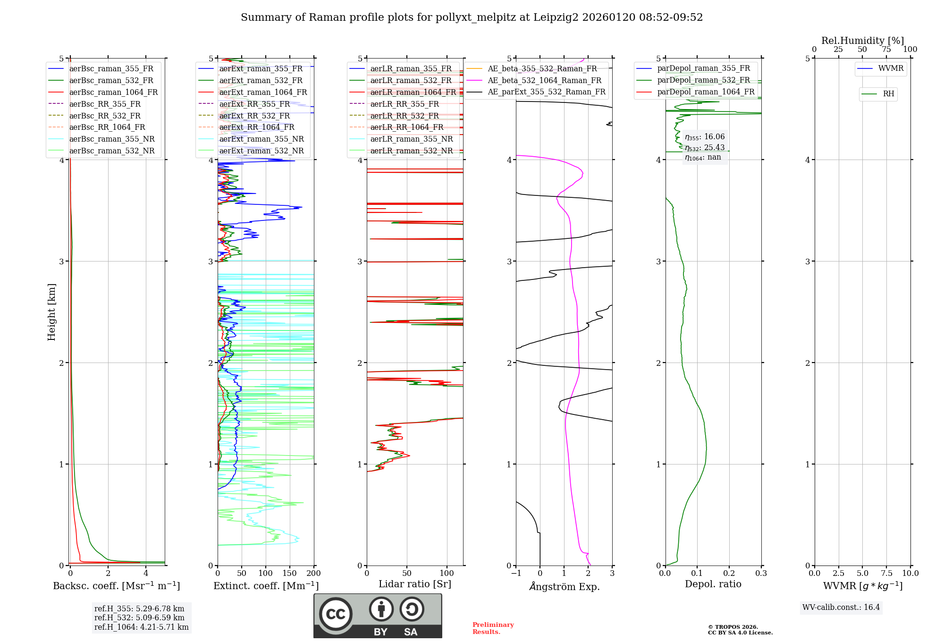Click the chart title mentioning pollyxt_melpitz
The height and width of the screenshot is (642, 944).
pos(472,17)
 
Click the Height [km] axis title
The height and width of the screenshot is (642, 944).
pos(51,312)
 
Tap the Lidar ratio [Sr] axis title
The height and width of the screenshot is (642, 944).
pos(415,584)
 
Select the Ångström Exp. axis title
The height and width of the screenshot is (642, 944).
pos(564,586)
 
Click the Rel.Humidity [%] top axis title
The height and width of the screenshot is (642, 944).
pos(862,41)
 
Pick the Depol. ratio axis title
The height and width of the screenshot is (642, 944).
pos(713,584)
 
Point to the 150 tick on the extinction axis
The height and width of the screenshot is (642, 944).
pos(289,574)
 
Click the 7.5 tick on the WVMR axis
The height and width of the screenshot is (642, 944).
pos(886,574)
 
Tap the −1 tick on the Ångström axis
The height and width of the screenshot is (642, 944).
pos(515,574)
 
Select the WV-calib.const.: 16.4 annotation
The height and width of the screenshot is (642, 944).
pos(841,607)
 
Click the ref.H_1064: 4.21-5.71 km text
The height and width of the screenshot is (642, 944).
pos(141,627)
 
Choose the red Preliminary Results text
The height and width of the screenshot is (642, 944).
pos(493,628)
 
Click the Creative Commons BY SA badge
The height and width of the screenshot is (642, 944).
pos(378,616)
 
